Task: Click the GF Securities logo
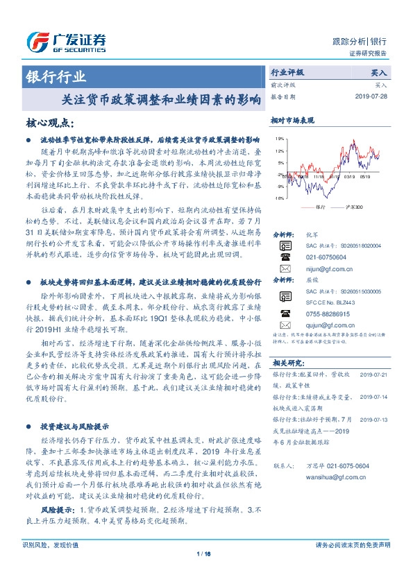(x=66, y=42)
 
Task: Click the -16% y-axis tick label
(x=278, y=198)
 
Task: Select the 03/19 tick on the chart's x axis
(x=349, y=177)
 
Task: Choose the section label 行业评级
(x=287, y=71)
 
